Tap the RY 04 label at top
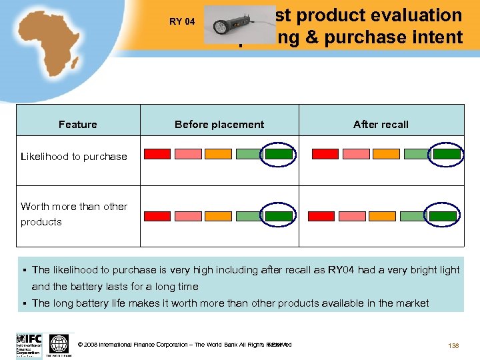pyautogui.click(x=182, y=21)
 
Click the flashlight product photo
pyautogui.click(x=230, y=25)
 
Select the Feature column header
pyautogui.click(x=78, y=124)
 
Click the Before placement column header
pyautogui.click(x=219, y=124)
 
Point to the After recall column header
pyautogui.click(x=381, y=124)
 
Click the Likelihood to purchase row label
pyautogui.click(x=74, y=157)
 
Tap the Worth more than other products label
pyautogui.click(x=74, y=214)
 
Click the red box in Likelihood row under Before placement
pyautogui.click(x=157, y=154)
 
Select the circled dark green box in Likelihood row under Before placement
pyautogui.click(x=279, y=154)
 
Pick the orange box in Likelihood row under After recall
pyautogui.click(x=386, y=154)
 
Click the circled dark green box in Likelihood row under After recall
pyautogui.click(x=447, y=154)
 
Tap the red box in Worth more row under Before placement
pyautogui.click(x=157, y=216)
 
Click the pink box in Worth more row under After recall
pyautogui.click(x=355, y=216)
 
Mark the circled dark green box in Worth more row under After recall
pyautogui.click(x=447, y=216)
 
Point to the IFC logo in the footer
pyautogui.click(x=29, y=344)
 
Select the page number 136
pyautogui.click(x=454, y=345)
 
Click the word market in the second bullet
pyautogui.click(x=413, y=303)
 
